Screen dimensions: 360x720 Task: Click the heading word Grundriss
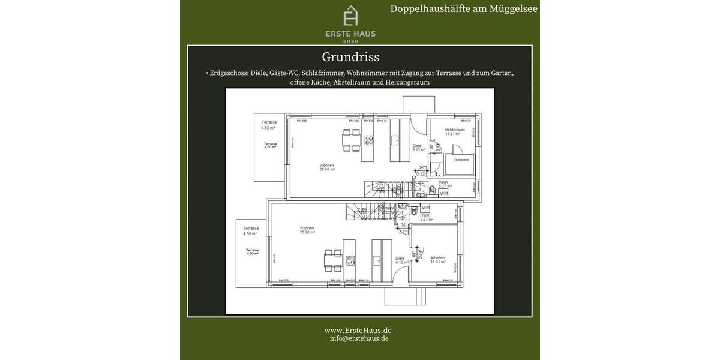pyautogui.click(x=350, y=57)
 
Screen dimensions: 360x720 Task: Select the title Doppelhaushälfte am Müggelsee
pyautogui.click(x=464, y=8)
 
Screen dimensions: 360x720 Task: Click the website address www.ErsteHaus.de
pyautogui.click(x=358, y=330)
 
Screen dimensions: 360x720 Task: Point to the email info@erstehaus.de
pyautogui.click(x=359, y=338)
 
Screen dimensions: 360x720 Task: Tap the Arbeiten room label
pyautogui.click(x=437, y=258)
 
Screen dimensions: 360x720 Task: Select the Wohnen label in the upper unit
pyautogui.click(x=327, y=166)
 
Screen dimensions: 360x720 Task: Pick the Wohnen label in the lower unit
pyautogui.click(x=307, y=228)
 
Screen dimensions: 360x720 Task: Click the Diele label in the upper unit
pyautogui.click(x=417, y=146)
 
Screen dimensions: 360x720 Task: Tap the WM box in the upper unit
pyautogui.click(x=443, y=194)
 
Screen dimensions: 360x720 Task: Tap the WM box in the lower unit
pyautogui.click(x=425, y=208)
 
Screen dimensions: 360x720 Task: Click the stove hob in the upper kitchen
pyautogui.click(x=369, y=142)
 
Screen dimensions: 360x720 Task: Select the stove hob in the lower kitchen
pyautogui.click(x=351, y=260)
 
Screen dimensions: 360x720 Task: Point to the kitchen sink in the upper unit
pyautogui.click(x=395, y=140)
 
